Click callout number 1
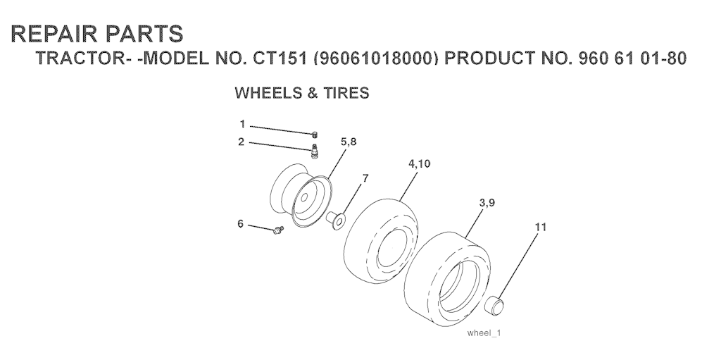pyautogui.click(x=242, y=124)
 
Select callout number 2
pyautogui.click(x=241, y=142)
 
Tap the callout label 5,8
pyautogui.click(x=349, y=142)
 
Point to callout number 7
pyautogui.click(x=365, y=178)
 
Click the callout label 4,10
pyautogui.click(x=420, y=164)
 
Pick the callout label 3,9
pyautogui.click(x=487, y=203)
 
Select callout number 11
pyautogui.click(x=541, y=227)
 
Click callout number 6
pyautogui.click(x=241, y=224)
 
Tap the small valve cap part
pyautogui.click(x=315, y=135)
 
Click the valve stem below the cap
pyautogui.click(x=315, y=151)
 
